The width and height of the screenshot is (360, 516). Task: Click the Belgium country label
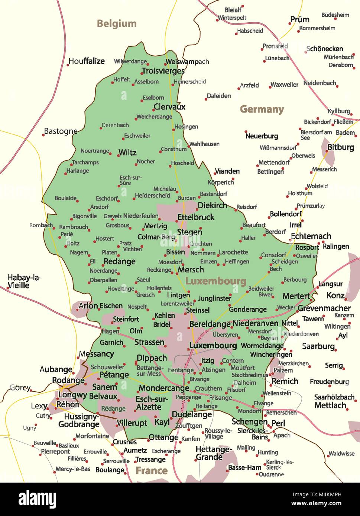click(x=117, y=24)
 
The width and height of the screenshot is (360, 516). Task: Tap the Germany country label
click(x=262, y=109)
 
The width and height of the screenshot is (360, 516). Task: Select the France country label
click(x=152, y=471)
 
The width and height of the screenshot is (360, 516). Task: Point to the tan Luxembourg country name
click(x=216, y=281)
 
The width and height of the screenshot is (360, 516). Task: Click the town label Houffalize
click(x=87, y=61)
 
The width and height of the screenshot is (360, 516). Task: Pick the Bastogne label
click(x=61, y=131)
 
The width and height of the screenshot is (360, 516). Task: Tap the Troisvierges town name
click(x=163, y=71)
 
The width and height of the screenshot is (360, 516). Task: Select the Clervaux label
click(x=169, y=107)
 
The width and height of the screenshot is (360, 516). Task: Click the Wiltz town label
click(x=127, y=152)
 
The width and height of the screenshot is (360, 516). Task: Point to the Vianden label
click(x=227, y=171)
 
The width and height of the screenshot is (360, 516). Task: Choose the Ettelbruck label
click(x=196, y=217)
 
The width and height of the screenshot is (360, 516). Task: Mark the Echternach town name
click(x=311, y=236)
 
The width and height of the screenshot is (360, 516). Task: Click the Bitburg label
click(x=341, y=147)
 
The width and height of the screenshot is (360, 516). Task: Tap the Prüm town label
click(x=300, y=20)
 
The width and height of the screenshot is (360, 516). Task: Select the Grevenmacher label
click(x=324, y=308)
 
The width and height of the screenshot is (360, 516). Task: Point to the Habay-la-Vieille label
click(x=25, y=281)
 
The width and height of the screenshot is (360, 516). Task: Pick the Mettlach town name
click(x=330, y=405)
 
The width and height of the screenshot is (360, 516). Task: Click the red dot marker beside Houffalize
click(x=68, y=65)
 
